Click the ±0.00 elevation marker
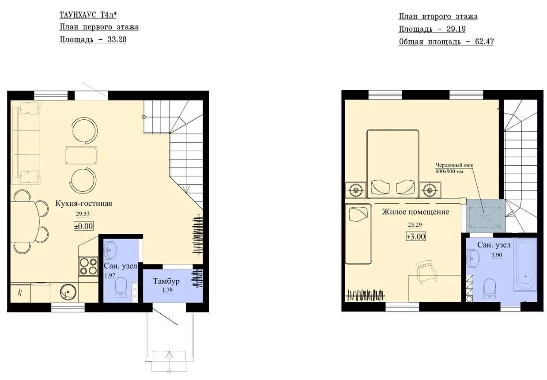point(83,226)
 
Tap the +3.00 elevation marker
point(415,236)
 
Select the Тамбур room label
point(166,281)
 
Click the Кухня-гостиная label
point(83,204)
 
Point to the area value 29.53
point(83,214)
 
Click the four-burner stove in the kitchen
point(88,266)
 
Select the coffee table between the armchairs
point(81,156)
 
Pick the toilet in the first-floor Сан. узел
point(121,287)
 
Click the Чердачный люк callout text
point(454,168)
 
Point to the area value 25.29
point(415,225)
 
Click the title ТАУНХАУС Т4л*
point(88,15)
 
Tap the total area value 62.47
point(484,42)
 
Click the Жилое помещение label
point(415,212)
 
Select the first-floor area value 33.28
point(117,39)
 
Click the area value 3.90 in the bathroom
point(497,255)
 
